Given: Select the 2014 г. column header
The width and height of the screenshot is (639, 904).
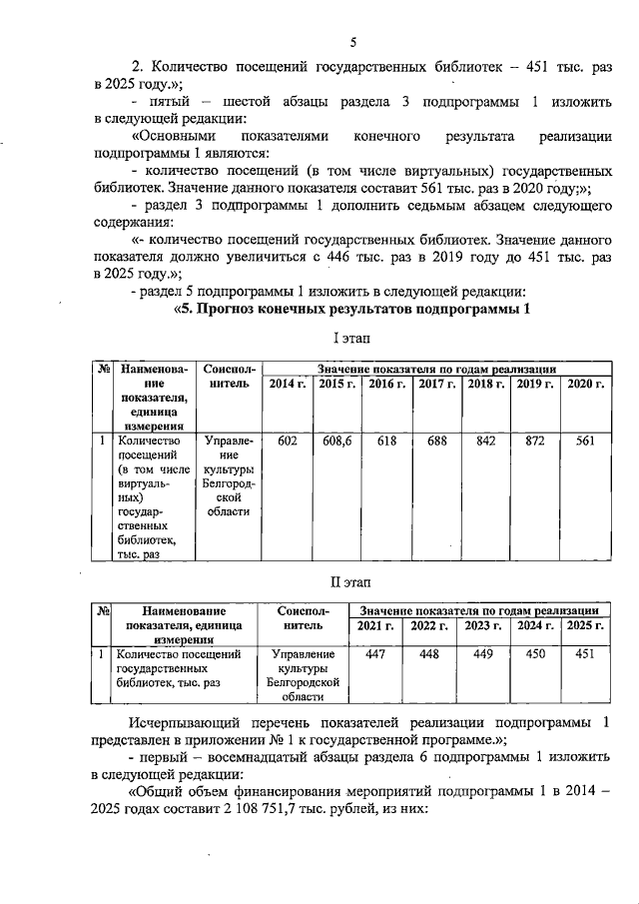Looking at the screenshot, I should coord(288,385).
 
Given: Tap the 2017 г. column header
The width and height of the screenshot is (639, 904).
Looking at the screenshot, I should coord(436,385).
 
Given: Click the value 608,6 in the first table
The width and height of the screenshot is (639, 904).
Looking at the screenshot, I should coord(336,441).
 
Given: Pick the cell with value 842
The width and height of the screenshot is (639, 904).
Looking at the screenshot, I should coord(486,441).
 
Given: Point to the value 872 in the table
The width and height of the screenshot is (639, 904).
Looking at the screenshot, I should coord(535,441).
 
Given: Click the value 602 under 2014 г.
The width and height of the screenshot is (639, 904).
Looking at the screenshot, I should coord(288,441).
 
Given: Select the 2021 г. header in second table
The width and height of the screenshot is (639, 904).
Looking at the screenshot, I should coord(376,625).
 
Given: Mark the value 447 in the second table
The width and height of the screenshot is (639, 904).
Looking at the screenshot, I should coord(376,654).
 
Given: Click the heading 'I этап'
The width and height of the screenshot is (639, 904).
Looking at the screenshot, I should coord(350,341).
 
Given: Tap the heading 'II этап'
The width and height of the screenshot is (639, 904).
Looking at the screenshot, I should coord(350,580).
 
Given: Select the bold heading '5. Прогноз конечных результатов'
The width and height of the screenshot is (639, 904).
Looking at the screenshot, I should coord(351,309).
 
